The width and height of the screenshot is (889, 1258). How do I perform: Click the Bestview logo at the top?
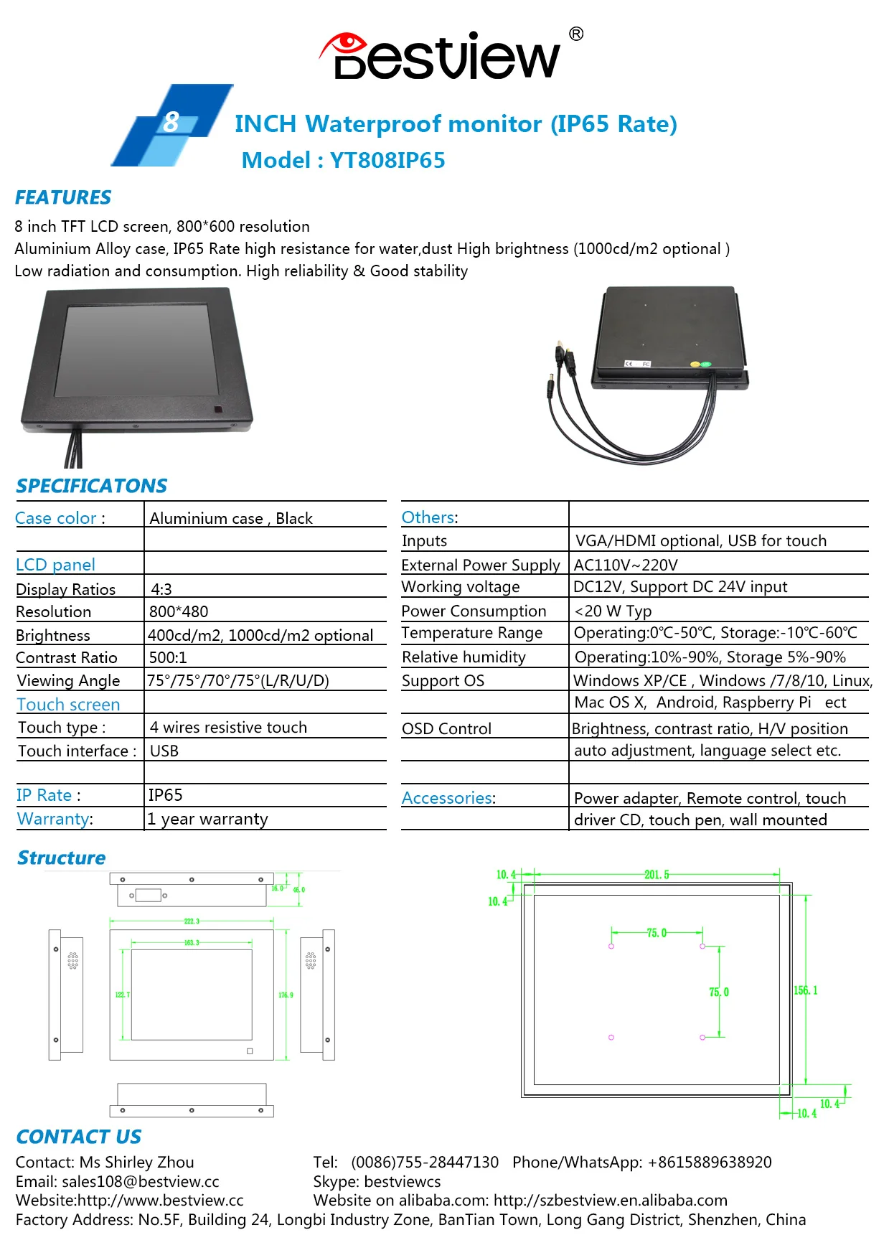[445, 55]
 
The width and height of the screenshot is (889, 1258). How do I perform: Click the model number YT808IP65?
[387, 160]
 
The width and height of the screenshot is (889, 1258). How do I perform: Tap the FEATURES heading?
[63, 197]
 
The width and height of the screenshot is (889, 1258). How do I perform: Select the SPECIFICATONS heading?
[91, 486]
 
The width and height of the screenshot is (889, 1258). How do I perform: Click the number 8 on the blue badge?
[171, 122]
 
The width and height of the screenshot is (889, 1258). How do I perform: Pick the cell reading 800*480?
[179, 611]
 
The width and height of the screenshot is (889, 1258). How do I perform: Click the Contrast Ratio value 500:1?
[168, 657]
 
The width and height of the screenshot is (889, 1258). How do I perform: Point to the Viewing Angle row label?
[68, 680]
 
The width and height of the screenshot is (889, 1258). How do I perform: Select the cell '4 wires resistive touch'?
[228, 728]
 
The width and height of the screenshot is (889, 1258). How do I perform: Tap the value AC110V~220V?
[626, 565]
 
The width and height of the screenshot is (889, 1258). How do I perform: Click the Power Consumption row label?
[474, 611]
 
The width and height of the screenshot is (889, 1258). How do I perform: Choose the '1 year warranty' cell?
[208, 819]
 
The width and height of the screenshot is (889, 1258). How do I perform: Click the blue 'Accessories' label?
[447, 798]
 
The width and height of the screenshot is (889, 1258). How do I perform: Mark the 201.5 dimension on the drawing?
[656, 875]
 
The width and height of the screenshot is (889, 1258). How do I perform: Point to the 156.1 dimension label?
[805, 990]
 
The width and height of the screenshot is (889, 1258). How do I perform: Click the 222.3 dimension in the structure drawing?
[192, 921]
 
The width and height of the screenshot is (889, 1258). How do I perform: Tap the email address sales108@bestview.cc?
[141, 1181]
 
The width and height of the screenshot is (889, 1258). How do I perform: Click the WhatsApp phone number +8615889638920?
[710, 1162]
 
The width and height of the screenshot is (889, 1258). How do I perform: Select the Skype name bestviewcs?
[403, 1181]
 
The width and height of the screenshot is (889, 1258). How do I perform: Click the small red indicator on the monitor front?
[218, 410]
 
